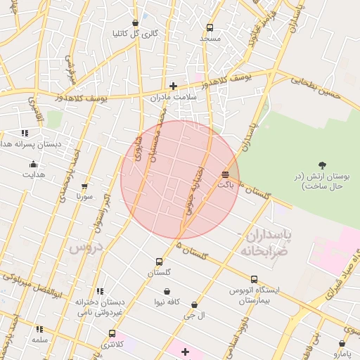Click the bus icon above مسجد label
(210, 28)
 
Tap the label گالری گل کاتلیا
(135, 33)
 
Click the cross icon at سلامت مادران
(173, 86)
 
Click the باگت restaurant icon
(225, 174)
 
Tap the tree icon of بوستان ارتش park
(322, 165)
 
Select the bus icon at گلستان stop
(159, 262)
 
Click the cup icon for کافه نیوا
(167, 292)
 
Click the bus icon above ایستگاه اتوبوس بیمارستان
(254, 279)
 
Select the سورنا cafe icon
(85, 186)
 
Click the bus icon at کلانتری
(112, 334)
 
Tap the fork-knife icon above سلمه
(39, 329)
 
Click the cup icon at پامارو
(342, 344)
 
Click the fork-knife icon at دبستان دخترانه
(100, 291)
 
